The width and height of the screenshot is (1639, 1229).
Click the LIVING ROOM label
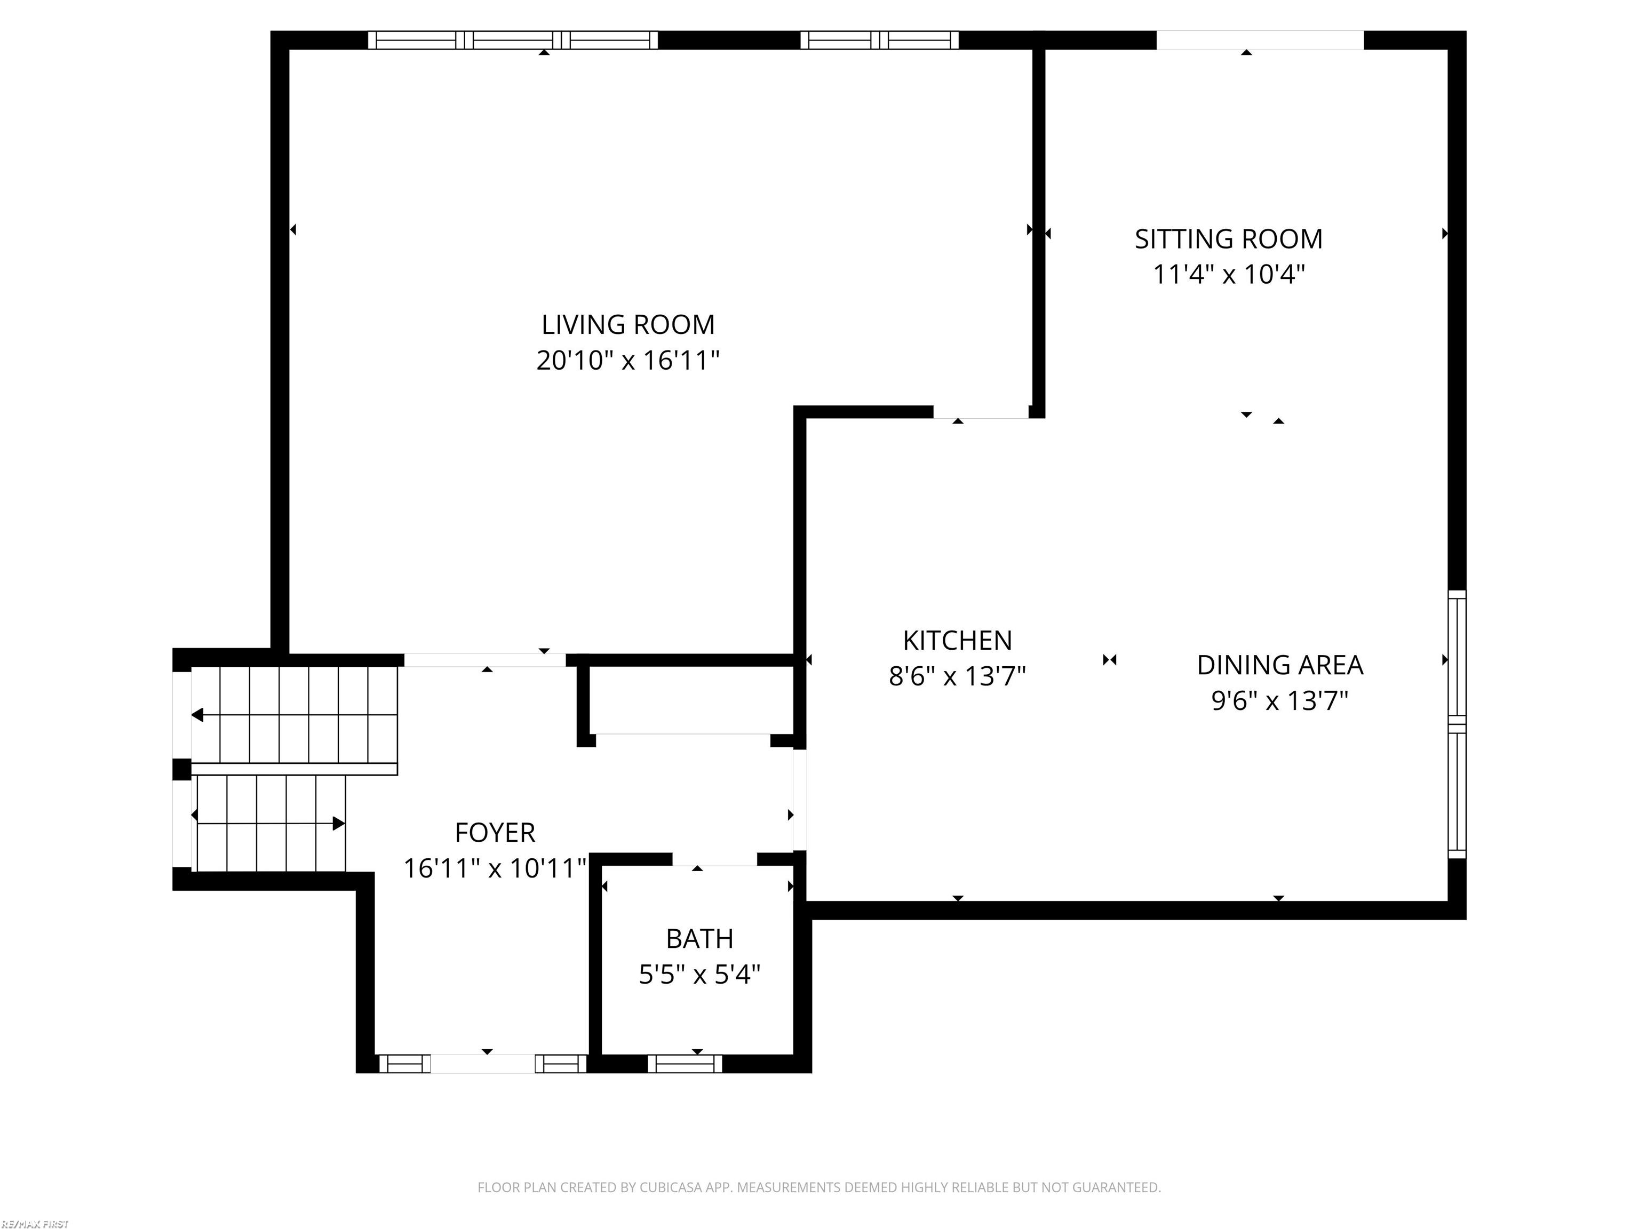point(627,324)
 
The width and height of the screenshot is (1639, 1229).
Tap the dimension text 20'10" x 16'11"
point(627,361)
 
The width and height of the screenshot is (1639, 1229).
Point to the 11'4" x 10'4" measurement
point(1228,275)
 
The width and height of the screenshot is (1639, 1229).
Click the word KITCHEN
point(957,640)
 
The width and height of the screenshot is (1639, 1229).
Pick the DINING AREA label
point(1279,665)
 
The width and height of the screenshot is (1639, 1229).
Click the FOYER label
point(494,833)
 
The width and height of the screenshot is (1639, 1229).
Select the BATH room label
point(699,939)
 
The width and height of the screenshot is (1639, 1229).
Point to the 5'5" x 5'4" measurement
point(699,974)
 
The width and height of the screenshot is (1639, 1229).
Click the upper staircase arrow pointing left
point(198,715)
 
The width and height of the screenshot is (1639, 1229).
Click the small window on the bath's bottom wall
point(685,1064)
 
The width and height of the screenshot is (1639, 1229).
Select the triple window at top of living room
point(513,40)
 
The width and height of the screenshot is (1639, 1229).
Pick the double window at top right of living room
point(879,40)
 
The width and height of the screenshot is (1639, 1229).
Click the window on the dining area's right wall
point(1457,724)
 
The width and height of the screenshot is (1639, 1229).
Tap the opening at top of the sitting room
point(1260,40)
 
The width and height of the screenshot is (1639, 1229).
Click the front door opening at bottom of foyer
point(482,1064)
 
